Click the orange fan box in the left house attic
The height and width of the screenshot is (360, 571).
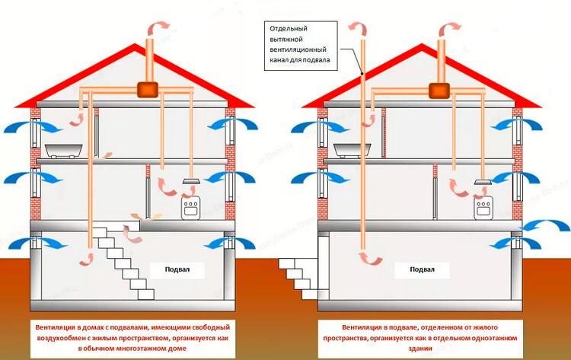tap(147, 90)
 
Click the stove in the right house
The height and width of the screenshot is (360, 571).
tap(481, 208)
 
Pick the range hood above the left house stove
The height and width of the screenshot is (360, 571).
tap(192, 181)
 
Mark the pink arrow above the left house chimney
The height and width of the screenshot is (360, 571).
tap(155, 27)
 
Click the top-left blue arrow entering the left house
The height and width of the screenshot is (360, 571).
tap(24, 124)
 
